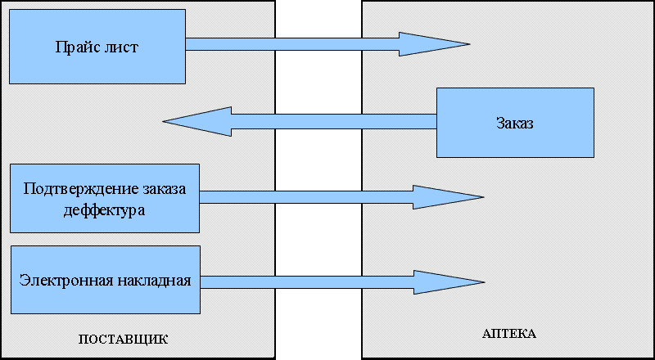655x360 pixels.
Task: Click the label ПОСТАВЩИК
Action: [123, 339]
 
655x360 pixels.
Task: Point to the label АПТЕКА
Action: [508, 334]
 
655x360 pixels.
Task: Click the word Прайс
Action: [76, 47]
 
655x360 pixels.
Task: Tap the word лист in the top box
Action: [121, 47]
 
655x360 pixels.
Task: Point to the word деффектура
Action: [104, 209]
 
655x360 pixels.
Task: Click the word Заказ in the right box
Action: [514, 124]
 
